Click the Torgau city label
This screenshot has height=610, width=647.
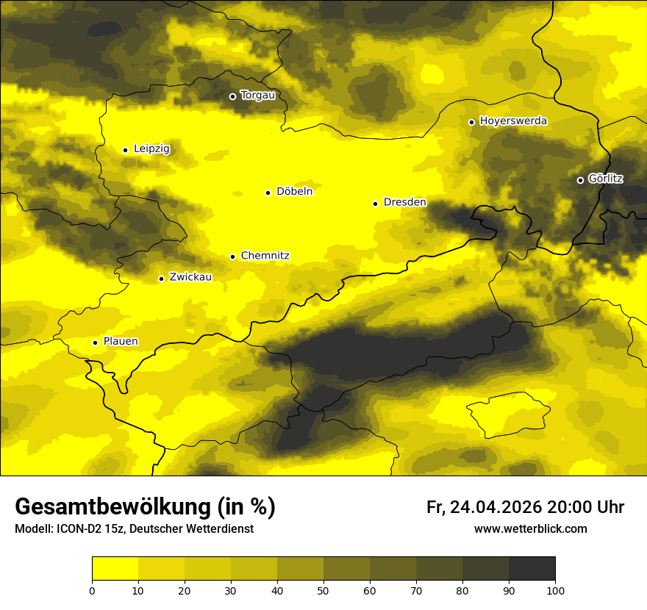[x=257, y=95]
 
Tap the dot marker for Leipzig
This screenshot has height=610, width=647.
[x=125, y=150]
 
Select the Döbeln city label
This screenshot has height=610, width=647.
[x=294, y=192]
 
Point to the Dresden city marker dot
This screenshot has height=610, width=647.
[x=375, y=204]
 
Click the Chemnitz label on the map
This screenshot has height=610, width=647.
[x=265, y=256]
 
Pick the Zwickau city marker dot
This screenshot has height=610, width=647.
[x=161, y=279]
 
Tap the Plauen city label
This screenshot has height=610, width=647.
[x=120, y=342]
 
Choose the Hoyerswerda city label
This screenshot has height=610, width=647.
[x=513, y=121]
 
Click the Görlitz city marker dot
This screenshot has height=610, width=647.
[x=580, y=180]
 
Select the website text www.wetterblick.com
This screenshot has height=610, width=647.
[x=530, y=529]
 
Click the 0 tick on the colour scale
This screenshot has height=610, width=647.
[x=92, y=590]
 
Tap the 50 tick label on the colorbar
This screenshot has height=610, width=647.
[x=323, y=590]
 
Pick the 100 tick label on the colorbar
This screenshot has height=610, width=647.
[x=555, y=590]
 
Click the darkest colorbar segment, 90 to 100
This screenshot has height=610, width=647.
[x=532, y=568]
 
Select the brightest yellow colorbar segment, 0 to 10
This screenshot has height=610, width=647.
[x=115, y=568]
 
